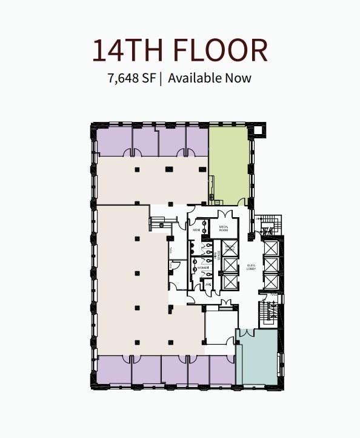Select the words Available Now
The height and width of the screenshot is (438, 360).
210,78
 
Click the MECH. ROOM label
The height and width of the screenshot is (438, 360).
223,228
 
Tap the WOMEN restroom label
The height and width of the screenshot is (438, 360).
202,268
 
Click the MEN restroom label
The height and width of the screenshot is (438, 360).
196,231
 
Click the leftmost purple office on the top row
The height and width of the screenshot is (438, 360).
114,142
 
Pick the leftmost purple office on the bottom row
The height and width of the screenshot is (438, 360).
114,369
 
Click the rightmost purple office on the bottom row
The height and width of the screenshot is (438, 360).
221,369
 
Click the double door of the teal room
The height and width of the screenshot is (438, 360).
247,333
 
